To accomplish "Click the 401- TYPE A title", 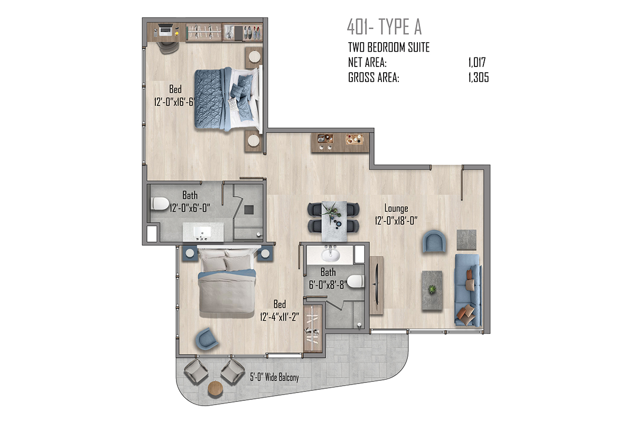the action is pyautogui.click(x=384, y=27).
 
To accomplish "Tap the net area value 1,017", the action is pyautogui.click(x=477, y=62).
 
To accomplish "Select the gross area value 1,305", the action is pyautogui.click(x=478, y=78).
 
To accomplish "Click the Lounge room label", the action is pyautogui.click(x=396, y=208).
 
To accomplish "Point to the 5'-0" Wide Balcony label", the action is pyautogui.click(x=274, y=377).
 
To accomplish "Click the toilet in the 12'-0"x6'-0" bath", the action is pyautogui.click(x=160, y=204).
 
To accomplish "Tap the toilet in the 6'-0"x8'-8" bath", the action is pyautogui.click(x=356, y=282).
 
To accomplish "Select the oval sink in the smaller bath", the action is pyautogui.click(x=330, y=255).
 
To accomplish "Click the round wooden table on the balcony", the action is pyautogui.click(x=216, y=389).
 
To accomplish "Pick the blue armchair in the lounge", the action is pyautogui.click(x=434, y=241).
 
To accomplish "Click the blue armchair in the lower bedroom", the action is pyautogui.click(x=207, y=339).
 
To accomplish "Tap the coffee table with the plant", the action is pyautogui.click(x=432, y=290).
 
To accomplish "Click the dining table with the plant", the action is pyautogui.click(x=334, y=221).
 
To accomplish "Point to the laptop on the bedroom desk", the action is pyautogui.click(x=165, y=30).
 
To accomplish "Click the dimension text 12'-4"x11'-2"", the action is pyautogui.click(x=279, y=317).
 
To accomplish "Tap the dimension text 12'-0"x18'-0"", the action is pyautogui.click(x=396, y=220).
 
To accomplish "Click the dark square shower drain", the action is pyautogui.click(x=249, y=210).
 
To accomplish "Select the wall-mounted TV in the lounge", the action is pyautogui.click(x=376, y=285).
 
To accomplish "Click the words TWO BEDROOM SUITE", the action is pyautogui.click(x=389, y=47).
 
